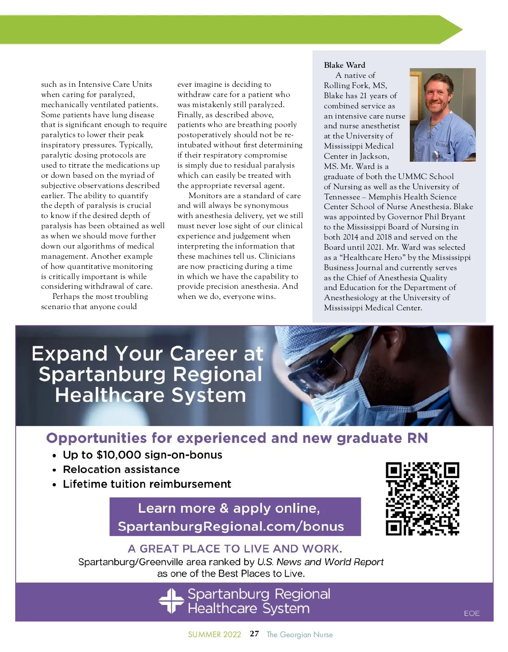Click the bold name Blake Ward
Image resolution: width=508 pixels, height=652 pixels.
point(344,65)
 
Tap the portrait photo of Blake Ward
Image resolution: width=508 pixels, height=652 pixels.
point(442,115)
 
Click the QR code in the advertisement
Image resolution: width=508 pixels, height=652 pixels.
point(422,499)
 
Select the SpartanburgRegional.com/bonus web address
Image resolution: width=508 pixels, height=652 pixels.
point(231,526)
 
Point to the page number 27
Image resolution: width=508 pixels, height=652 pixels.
point(254,634)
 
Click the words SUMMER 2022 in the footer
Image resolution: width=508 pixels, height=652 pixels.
point(214,634)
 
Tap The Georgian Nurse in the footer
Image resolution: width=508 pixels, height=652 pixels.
point(299,634)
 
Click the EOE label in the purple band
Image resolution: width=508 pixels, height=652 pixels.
point(471,613)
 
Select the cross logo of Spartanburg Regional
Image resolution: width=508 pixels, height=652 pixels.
point(171,600)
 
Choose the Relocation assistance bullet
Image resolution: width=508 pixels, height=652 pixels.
point(121,469)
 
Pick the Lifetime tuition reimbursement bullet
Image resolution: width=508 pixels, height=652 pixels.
point(147,484)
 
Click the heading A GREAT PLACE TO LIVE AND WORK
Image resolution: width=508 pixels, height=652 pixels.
point(235,549)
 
